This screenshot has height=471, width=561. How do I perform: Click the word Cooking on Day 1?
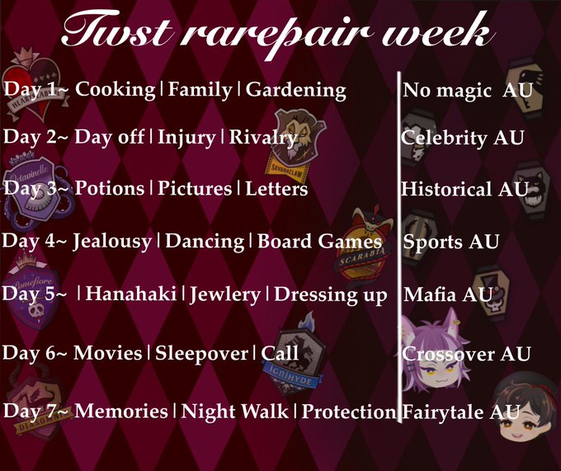point(115,89)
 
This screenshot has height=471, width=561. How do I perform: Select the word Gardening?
point(296,90)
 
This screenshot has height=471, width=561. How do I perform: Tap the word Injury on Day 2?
point(186,137)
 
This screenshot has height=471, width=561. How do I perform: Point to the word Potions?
point(110,188)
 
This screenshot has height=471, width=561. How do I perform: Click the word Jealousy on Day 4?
point(112,242)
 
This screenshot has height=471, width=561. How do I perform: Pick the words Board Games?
point(319,241)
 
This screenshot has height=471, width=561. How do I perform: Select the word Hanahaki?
point(131,294)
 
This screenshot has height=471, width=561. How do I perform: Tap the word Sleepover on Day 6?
point(201,353)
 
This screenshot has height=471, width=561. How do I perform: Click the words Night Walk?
point(234,412)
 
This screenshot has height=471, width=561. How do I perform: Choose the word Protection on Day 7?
point(349,412)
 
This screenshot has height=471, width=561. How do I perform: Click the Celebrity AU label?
point(462,138)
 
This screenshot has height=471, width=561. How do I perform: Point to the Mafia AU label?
point(449,294)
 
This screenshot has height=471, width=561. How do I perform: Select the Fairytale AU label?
point(461,412)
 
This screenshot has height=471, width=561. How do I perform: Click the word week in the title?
point(436,32)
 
